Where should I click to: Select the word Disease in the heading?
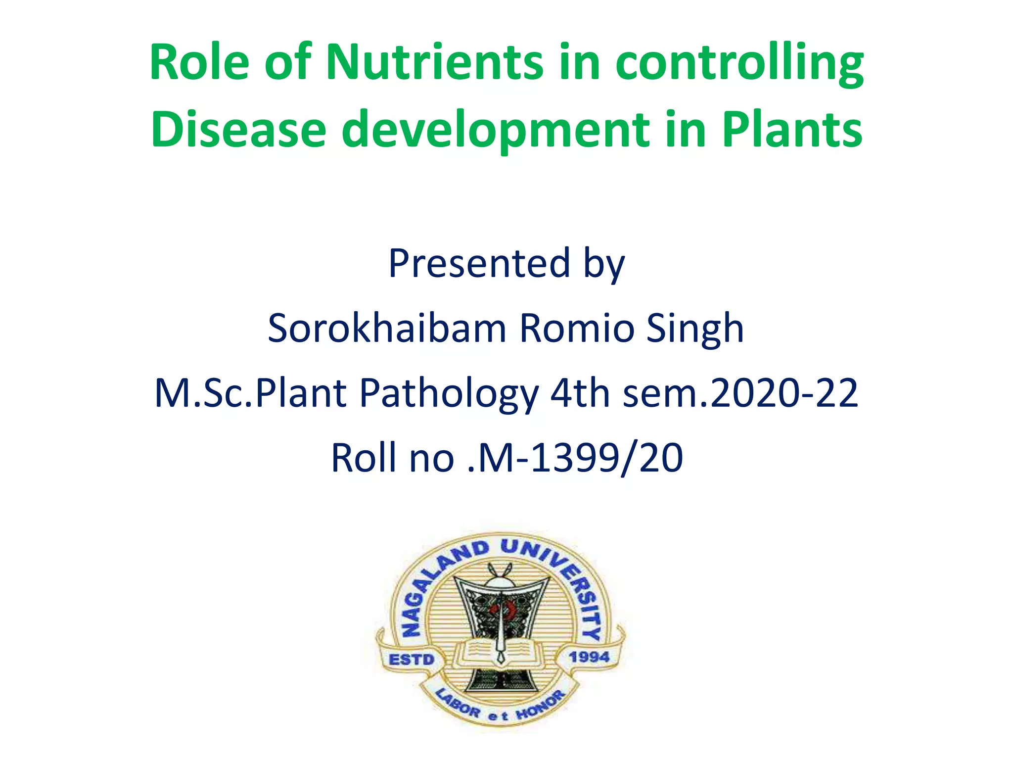coord(238,129)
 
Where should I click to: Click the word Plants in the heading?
coord(792,129)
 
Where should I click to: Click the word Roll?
coord(366,458)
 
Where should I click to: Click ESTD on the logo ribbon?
coord(412,660)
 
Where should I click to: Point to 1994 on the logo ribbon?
coord(589,657)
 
